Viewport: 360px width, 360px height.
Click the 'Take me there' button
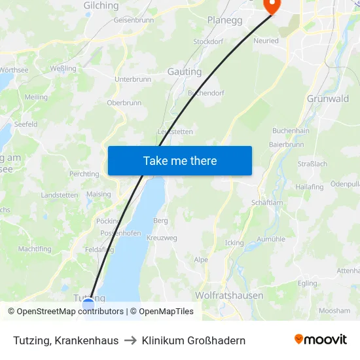180,160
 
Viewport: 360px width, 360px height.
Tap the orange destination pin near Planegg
271,6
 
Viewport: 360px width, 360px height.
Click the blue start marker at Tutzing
88,304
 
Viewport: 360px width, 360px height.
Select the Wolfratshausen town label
229,295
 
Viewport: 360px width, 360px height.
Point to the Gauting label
185,71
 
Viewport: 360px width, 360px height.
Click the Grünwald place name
327,99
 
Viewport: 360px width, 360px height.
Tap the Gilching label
101,6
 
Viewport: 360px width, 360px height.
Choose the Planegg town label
225,20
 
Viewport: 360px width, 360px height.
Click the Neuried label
266,41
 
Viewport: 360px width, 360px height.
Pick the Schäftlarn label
266,203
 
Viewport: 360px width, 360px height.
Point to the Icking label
234,243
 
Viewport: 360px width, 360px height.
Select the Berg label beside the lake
160,221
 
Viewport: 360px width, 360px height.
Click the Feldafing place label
99,249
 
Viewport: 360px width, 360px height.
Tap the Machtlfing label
35,249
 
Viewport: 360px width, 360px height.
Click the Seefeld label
26,124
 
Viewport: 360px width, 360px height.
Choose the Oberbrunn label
124,103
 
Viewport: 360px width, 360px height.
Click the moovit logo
321,340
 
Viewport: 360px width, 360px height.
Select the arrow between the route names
130,340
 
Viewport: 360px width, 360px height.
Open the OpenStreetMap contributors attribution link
70,312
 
